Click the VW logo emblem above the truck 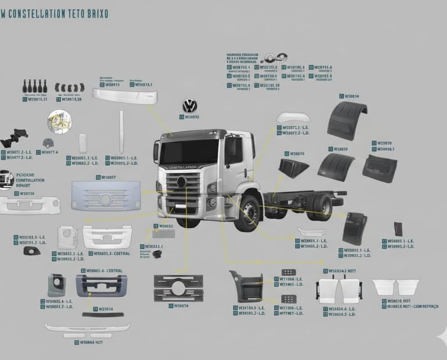[190, 106]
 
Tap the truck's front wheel [249, 213]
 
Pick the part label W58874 [181, 305]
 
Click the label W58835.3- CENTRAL [108, 254]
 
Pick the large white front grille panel [106, 195]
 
